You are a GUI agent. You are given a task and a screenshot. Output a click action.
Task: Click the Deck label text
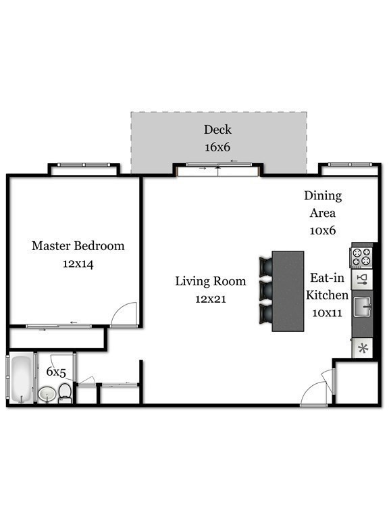tap(218, 130)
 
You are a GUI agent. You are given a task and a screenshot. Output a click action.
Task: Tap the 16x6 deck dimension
tap(218, 146)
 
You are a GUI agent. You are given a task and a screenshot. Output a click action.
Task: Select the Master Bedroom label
tap(78, 246)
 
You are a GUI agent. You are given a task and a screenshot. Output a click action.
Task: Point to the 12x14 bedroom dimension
tap(78, 264)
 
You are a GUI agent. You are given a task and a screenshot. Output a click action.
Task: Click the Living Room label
tap(210, 281)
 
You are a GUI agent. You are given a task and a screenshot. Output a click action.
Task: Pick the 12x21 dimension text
tap(210, 298)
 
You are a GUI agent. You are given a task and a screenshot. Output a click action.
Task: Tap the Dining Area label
tap(322, 204)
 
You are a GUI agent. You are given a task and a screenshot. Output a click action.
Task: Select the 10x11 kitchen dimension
tap(327, 313)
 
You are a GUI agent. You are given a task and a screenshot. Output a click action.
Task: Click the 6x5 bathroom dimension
tap(56, 371)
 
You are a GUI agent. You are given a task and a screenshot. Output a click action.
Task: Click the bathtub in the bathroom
tap(21, 379)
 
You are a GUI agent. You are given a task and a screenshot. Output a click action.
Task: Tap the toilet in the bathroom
tap(66, 392)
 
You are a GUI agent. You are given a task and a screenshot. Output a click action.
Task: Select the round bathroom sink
tap(47, 394)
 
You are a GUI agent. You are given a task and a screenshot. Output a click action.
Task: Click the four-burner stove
tap(361, 257)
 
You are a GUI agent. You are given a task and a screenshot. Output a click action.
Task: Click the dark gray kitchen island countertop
tap(288, 291)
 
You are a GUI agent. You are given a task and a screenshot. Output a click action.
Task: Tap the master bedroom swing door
tap(125, 315)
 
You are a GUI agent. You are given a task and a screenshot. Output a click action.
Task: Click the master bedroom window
tap(84, 165)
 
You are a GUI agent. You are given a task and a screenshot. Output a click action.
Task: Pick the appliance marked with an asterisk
tap(363, 349)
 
